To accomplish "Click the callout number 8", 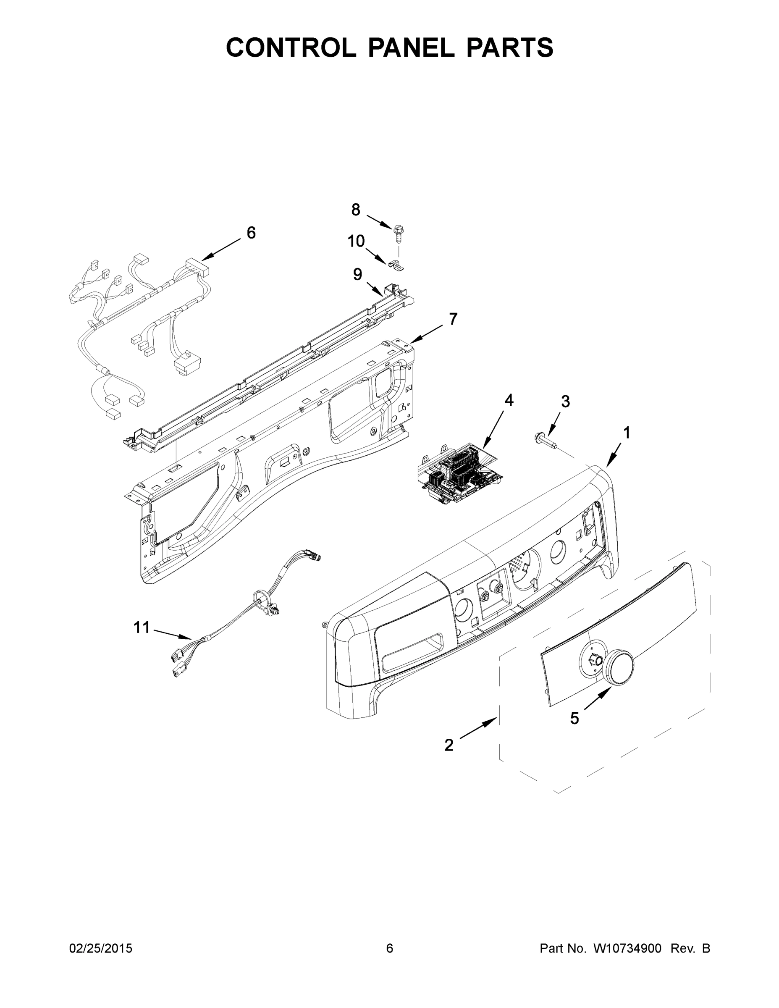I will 355,210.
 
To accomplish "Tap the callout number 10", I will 356,241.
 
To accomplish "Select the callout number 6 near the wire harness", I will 251,233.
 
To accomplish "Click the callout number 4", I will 509,401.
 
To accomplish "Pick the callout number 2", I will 449,745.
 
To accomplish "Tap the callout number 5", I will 574,718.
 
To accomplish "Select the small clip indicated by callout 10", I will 396,265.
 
